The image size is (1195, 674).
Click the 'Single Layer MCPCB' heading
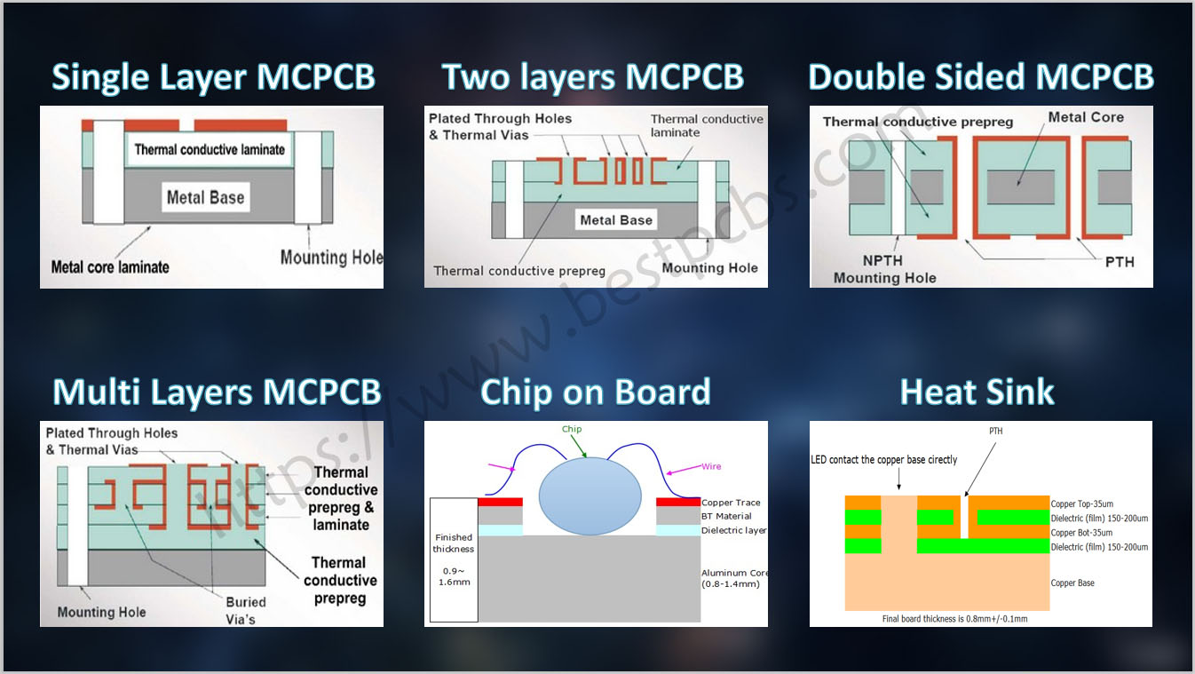[x=213, y=77]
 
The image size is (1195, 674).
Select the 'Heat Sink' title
[x=977, y=393]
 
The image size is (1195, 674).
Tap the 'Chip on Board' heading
[x=596, y=393]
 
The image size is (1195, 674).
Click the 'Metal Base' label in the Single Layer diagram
[x=205, y=197]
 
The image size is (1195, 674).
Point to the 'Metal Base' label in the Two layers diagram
[x=616, y=220]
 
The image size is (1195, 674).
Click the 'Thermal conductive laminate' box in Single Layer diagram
[x=210, y=149]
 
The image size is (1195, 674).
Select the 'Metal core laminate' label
[x=110, y=266]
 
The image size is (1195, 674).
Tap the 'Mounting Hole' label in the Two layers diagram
[x=709, y=268]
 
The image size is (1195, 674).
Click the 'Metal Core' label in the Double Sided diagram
[x=1086, y=117]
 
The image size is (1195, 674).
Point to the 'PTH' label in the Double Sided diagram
[x=1120, y=262]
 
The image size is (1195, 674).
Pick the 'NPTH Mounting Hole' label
[x=884, y=269]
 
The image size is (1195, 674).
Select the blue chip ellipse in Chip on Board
[x=590, y=496]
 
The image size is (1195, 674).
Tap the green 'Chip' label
[x=572, y=429]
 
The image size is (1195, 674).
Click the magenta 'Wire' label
[x=710, y=466]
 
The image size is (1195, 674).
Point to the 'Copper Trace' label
[x=731, y=503]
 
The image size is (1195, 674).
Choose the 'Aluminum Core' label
[x=734, y=578]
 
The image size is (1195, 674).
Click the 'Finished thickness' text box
[x=454, y=559]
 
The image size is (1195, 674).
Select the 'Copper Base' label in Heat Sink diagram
[x=1072, y=583]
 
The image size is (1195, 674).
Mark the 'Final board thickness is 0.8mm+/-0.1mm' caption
[x=954, y=619]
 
